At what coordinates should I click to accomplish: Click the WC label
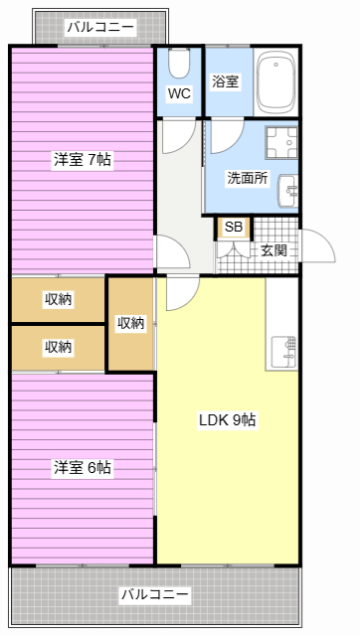[x=179, y=93]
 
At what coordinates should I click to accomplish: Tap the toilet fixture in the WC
[x=179, y=64]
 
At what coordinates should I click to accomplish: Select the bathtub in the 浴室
[x=276, y=83]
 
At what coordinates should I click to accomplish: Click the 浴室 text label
[x=226, y=81]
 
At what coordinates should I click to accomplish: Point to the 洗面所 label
[x=248, y=178]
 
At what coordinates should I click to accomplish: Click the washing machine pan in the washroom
[x=281, y=143]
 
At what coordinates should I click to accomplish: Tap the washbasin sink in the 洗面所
[x=288, y=191]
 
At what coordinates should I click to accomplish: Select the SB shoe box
[x=234, y=228]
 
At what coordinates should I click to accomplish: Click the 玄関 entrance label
[x=273, y=250]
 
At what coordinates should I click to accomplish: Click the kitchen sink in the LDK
[x=282, y=353]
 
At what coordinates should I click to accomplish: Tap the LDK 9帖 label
[x=228, y=420]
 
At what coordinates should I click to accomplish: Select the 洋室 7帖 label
[x=83, y=159]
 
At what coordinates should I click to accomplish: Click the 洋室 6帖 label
[x=83, y=467]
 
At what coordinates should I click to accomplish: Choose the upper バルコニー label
[x=100, y=28]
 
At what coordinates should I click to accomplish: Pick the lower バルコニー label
[x=155, y=594]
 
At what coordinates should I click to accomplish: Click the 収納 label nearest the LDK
[x=130, y=323]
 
